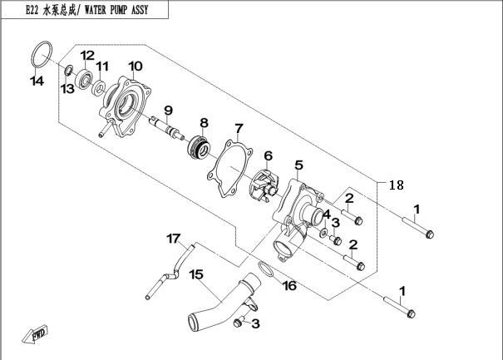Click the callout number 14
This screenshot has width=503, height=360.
(x=37, y=81)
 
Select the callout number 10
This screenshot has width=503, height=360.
(x=135, y=66)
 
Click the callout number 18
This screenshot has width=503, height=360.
(x=397, y=185)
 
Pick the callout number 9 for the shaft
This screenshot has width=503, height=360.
(x=167, y=111)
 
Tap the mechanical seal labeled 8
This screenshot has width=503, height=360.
(x=199, y=145)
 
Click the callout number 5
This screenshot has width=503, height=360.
(x=299, y=165)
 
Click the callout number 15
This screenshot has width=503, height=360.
(x=196, y=274)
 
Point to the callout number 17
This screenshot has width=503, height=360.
(x=174, y=239)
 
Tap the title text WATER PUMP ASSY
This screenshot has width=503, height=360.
(x=124, y=10)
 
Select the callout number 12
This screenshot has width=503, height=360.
(x=87, y=55)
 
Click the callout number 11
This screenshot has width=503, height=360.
(x=102, y=67)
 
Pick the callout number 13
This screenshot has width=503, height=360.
(x=67, y=88)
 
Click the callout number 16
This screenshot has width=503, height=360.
(x=289, y=287)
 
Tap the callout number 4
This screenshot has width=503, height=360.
(x=327, y=214)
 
